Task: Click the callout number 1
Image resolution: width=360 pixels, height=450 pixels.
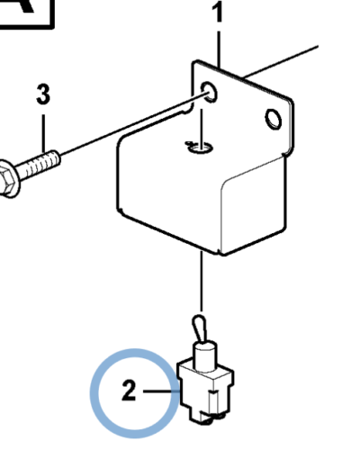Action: tap(218, 12)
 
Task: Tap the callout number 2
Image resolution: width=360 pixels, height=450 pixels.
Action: tap(130, 390)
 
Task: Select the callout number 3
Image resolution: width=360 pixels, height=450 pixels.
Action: tap(43, 94)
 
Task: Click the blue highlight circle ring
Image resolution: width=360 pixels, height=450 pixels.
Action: tap(92, 393)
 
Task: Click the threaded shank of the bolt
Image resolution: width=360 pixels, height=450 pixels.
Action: tap(38, 165)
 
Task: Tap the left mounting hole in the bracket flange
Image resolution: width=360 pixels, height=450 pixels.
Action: tap(209, 91)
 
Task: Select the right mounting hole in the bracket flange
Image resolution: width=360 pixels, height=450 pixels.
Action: tap(274, 119)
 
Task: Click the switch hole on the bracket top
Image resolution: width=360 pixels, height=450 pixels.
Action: tap(200, 147)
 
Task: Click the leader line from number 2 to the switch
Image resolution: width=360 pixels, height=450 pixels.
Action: tap(162, 391)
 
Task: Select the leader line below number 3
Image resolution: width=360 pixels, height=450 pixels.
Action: tap(44, 133)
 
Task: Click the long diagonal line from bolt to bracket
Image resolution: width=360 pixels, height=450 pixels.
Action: tap(133, 125)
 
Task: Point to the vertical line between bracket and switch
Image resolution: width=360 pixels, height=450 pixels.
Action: tap(202, 281)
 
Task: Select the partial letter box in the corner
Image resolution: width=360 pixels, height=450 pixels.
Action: tap(27, 14)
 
